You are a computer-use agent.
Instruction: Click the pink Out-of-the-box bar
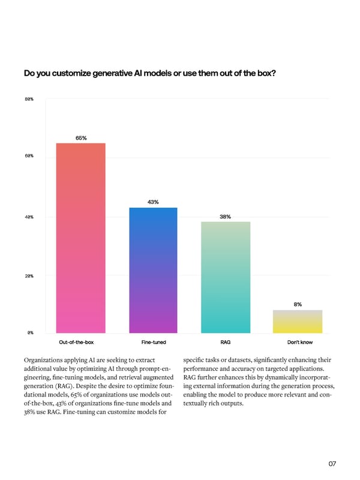tap(80, 238)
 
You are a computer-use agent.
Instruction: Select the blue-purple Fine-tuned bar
tap(153, 270)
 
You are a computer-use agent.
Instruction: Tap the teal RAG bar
tap(226, 277)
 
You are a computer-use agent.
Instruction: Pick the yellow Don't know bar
tap(298, 321)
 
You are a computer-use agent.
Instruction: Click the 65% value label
tap(81, 138)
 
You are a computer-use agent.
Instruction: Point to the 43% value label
tap(153, 202)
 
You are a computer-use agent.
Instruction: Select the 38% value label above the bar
tap(226, 217)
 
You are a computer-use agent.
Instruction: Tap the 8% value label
tap(298, 304)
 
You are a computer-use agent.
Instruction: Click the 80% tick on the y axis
tap(29, 98)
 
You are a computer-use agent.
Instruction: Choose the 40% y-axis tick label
tap(29, 217)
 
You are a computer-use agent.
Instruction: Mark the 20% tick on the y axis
tap(29, 275)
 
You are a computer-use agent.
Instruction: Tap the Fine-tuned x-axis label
tap(154, 342)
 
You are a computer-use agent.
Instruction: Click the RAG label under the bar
tap(226, 342)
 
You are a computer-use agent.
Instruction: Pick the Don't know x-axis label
tap(298, 342)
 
